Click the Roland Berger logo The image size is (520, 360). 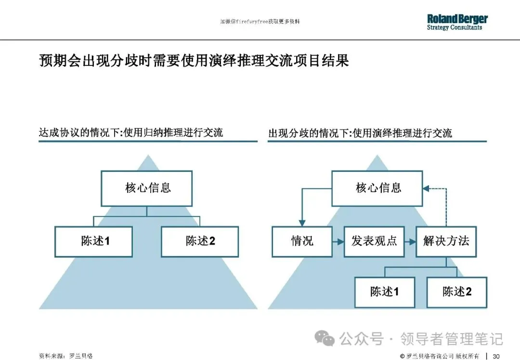pyautogui.click(x=457, y=22)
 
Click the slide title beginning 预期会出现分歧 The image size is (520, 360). pyautogui.click(x=194, y=61)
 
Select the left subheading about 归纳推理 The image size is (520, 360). pyautogui.click(x=131, y=133)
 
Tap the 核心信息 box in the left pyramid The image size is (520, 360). pyautogui.click(x=147, y=188)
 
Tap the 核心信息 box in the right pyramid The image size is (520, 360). pyautogui.click(x=378, y=188)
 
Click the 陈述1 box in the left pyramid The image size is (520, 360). pyautogui.click(x=94, y=242)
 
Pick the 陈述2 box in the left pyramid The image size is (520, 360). pyautogui.click(x=200, y=242)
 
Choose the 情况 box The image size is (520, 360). pyautogui.click(x=302, y=241)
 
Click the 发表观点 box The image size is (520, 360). pyautogui.click(x=374, y=241)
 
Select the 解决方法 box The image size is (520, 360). pyautogui.click(x=446, y=241)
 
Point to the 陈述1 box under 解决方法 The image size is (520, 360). pyautogui.click(x=385, y=292)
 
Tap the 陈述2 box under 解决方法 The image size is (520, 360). pyautogui.click(x=457, y=292)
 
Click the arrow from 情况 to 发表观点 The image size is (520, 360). pyautogui.click(x=338, y=241)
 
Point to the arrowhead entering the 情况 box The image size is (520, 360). pyautogui.click(x=302, y=223)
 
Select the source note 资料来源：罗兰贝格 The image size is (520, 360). pyautogui.click(x=65, y=356)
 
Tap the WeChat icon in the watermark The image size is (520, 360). pyautogui.click(x=328, y=339)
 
